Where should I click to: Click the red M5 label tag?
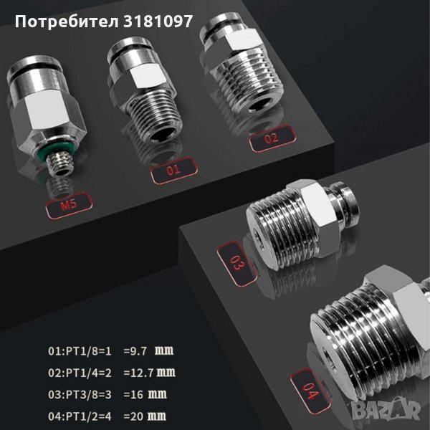coord(69,205)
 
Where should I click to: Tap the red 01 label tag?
coord(174,171)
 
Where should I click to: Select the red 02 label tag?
coord(272,138)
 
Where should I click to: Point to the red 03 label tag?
coord(236,263)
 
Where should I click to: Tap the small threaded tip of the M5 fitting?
coord(59,165)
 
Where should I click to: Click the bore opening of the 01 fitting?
coord(161,135)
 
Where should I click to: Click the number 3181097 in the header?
coord(158,21)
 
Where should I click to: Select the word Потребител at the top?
coord(67,21)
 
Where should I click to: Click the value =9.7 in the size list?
coord(135,351)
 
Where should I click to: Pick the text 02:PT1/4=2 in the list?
coord(80,373)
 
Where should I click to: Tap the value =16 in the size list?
coord(133,395)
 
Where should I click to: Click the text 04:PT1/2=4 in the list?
coord(80,416)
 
